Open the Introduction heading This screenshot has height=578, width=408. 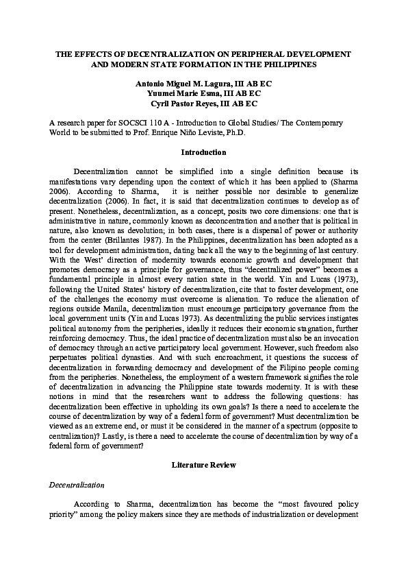click(x=203, y=152)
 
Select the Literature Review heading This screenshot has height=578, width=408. click(x=203, y=465)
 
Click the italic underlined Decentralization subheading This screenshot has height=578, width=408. click(x=76, y=485)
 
